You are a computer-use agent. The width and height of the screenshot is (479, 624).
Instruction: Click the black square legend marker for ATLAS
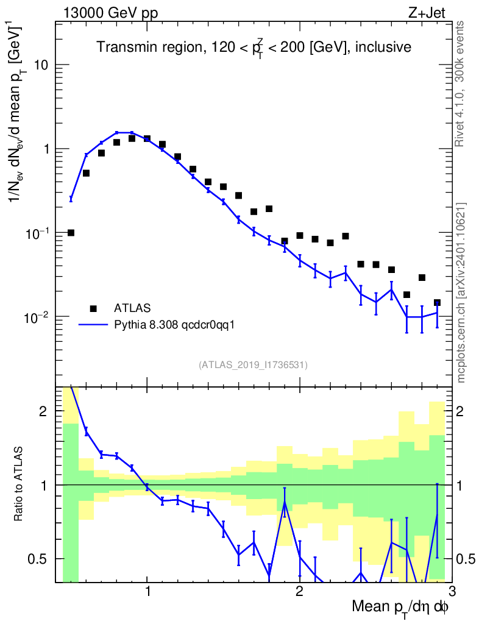coord(93,308)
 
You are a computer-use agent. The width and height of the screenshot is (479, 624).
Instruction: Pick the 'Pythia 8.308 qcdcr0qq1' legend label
coord(174,325)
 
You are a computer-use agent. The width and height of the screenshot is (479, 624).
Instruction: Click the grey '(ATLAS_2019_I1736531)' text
coord(253,365)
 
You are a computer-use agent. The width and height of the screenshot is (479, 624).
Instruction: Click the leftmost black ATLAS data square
coord(71,233)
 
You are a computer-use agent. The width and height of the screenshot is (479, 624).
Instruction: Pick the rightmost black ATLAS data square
coord(437,303)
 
